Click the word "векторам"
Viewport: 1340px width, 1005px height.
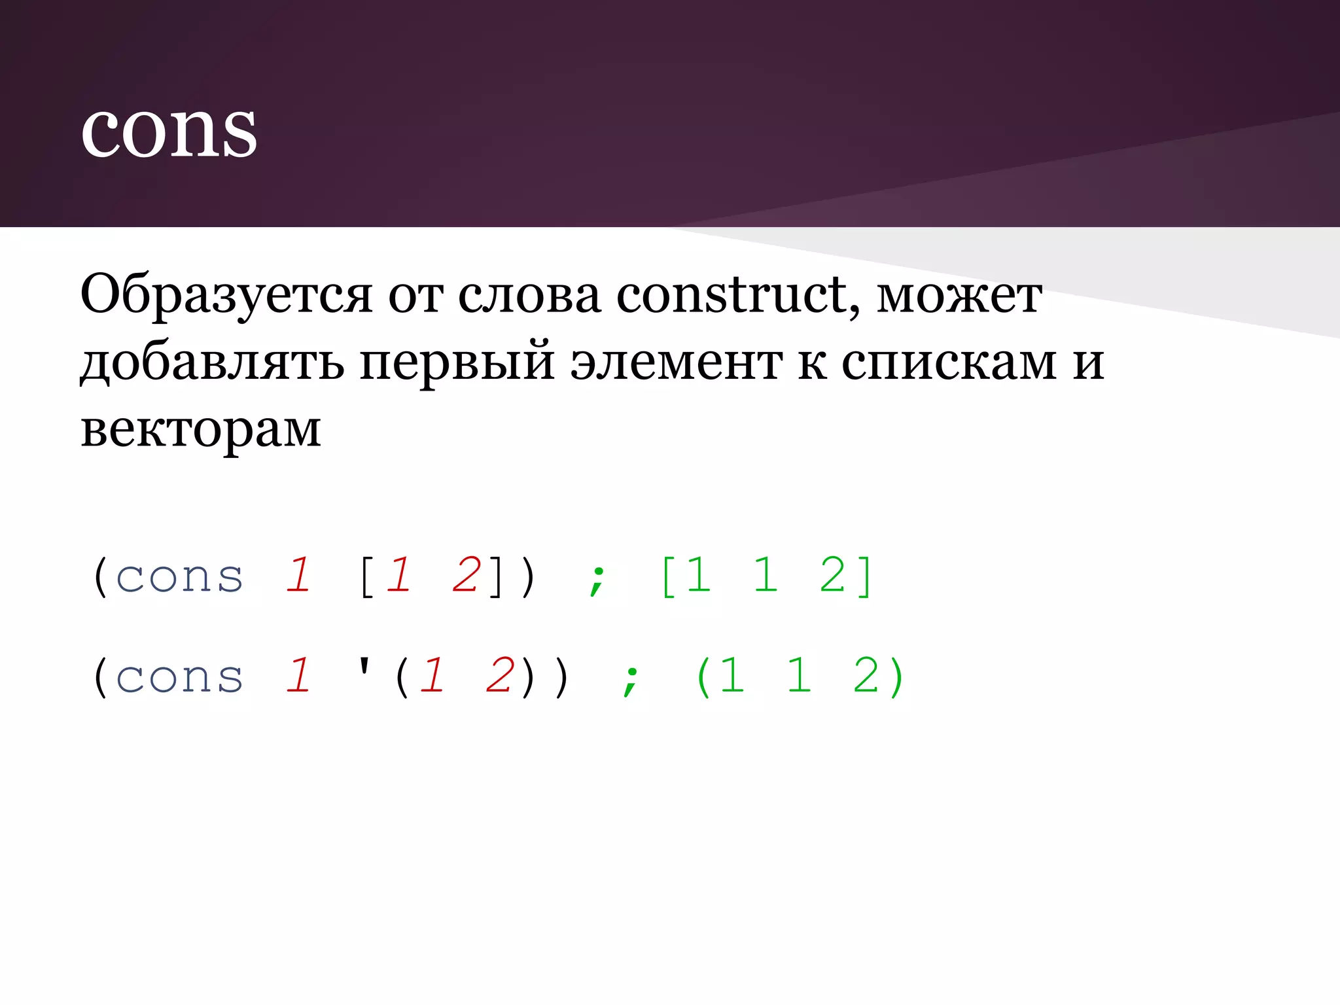coord(201,430)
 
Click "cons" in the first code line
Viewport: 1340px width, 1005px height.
coord(180,577)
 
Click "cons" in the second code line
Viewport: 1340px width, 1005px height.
coord(180,677)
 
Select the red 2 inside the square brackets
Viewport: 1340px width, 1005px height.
coord(466,576)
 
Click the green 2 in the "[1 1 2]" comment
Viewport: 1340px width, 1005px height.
coord(833,576)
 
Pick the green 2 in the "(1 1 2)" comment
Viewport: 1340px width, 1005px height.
coord(866,676)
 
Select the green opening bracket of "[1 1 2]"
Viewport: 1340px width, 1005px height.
coord(668,577)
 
